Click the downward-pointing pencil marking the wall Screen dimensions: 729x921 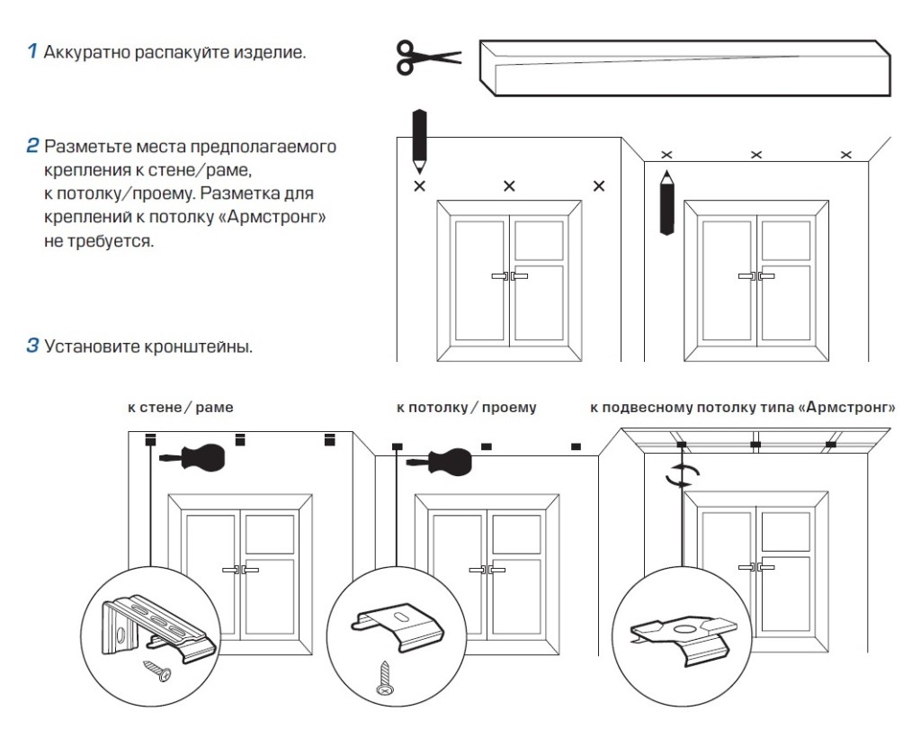click(x=419, y=139)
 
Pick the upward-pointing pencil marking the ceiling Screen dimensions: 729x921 click(x=666, y=202)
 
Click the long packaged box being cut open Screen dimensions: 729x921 click(x=684, y=68)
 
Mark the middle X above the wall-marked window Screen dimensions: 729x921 click(x=509, y=186)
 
